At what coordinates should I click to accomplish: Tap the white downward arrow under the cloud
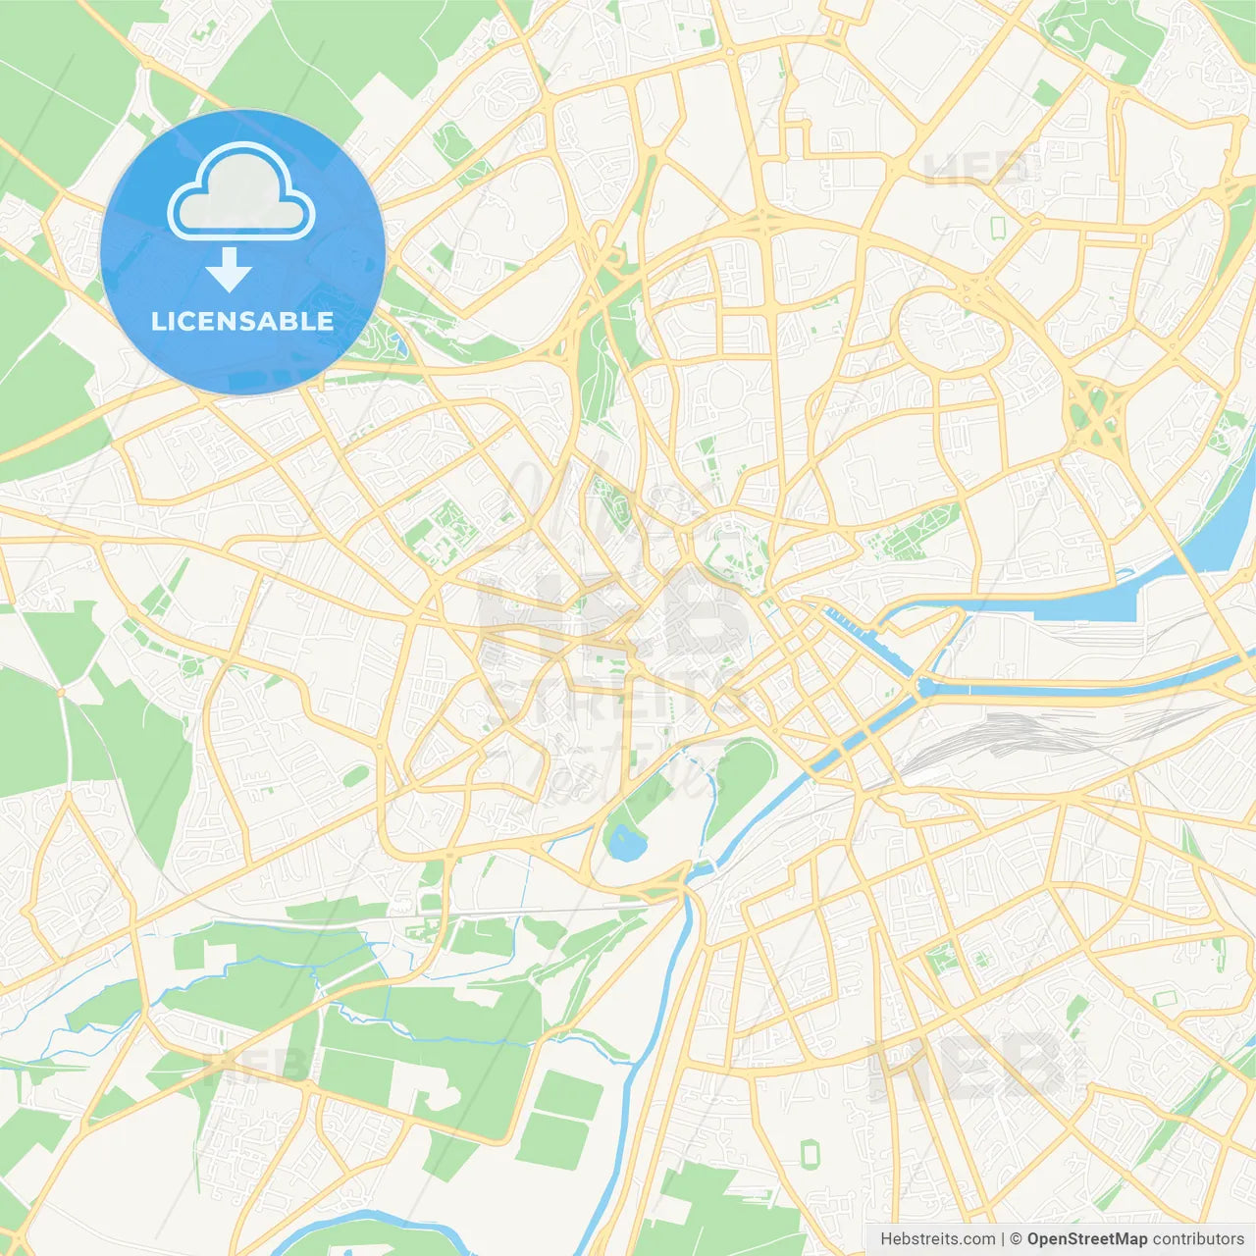coord(230,270)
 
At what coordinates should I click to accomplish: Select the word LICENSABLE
coord(242,321)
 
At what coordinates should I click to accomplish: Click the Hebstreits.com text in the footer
coord(937,1239)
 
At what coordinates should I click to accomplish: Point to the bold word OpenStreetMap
coord(1087,1239)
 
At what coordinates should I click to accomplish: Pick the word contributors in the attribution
coord(1198,1239)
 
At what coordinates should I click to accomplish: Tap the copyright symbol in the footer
coord(1016,1239)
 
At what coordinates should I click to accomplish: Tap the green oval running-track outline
coord(811,1153)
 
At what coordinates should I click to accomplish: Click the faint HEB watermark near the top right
coord(976,169)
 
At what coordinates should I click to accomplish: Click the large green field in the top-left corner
coord(59,98)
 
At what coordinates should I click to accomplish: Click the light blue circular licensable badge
coord(242,252)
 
